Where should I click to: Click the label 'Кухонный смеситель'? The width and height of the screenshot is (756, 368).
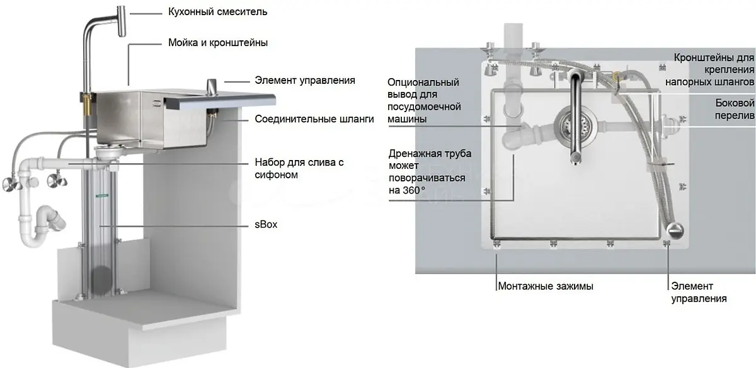point(218,12)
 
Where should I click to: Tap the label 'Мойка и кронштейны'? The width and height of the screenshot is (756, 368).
point(218,43)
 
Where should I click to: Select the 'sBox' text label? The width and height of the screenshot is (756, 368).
point(266,224)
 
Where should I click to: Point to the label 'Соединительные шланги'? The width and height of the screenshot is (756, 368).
point(314,119)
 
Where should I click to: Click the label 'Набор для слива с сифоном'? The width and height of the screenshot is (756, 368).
point(299,168)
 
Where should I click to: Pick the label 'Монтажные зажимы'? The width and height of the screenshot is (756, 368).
point(546,286)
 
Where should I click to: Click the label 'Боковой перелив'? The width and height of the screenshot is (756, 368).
point(735,109)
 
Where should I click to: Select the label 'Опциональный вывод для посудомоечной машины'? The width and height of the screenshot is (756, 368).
point(424,101)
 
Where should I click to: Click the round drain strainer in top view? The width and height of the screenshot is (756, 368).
point(575,127)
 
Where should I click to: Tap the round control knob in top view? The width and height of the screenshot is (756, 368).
point(675,231)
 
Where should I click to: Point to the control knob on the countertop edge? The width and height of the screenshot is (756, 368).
point(212,88)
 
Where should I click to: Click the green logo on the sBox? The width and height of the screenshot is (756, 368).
point(102,195)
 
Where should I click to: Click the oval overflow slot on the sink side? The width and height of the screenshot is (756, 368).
point(157,103)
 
